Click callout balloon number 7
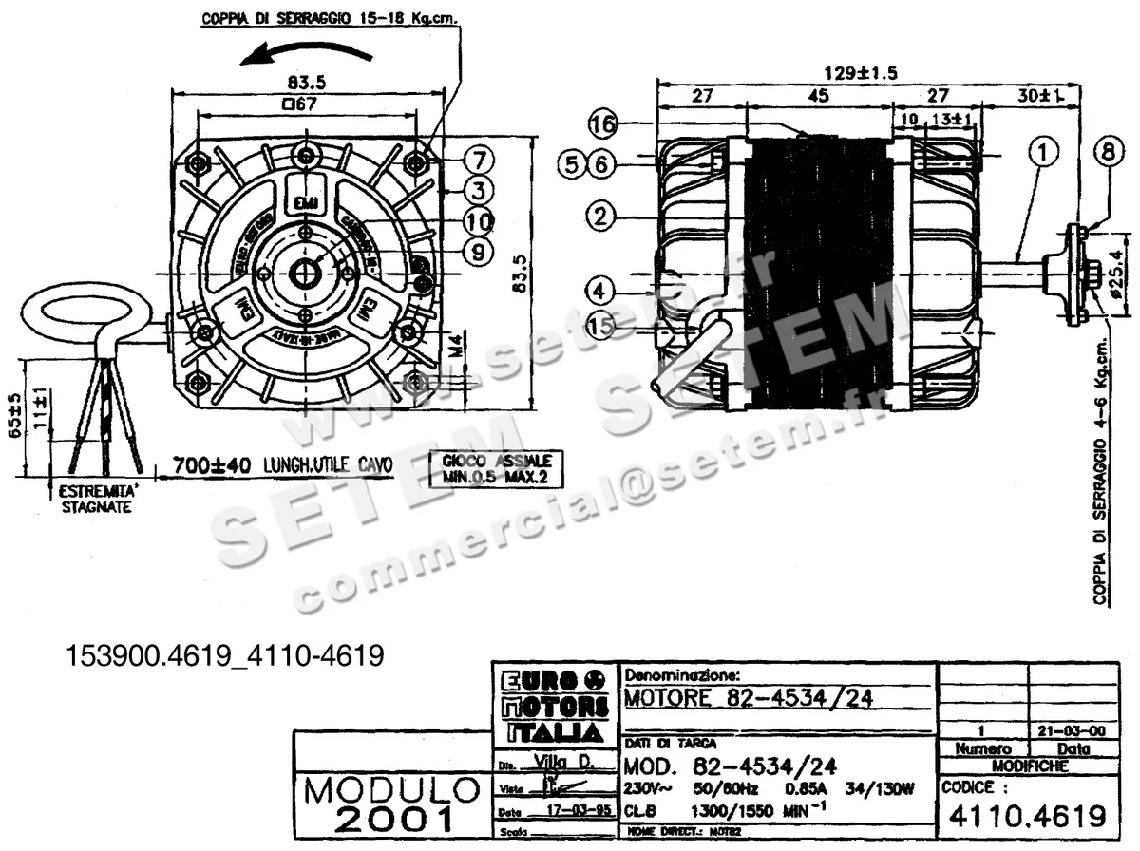click(479, 157)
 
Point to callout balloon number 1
click(1042, 151)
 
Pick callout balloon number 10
click(479, 220)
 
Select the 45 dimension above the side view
click(818, 96)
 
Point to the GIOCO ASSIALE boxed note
click(495, 468)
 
